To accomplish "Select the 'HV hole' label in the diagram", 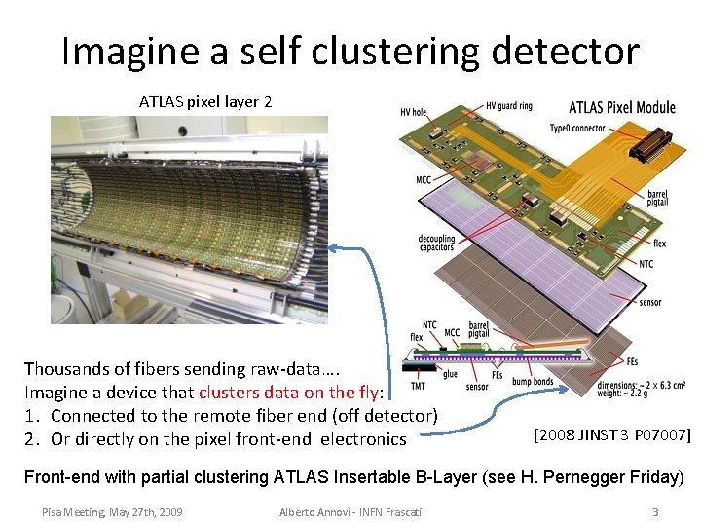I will point(413,112).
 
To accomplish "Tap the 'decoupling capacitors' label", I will point(437,244).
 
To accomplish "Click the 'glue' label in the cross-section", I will point(450,373).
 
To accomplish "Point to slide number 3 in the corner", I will point(655,511).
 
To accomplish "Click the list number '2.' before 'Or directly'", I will point(32,439).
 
